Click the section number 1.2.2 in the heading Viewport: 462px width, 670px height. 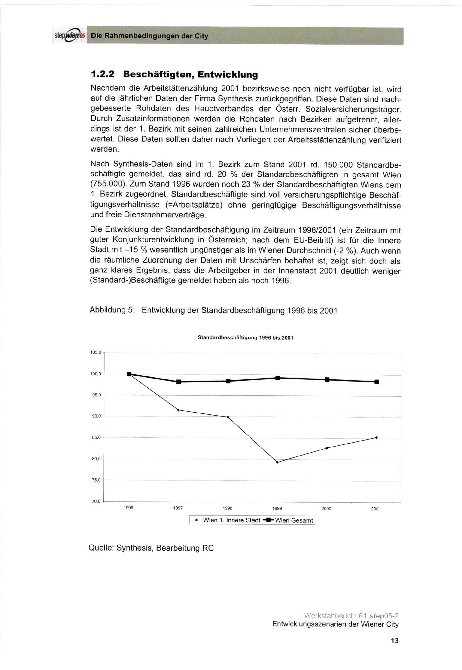click(103, 75)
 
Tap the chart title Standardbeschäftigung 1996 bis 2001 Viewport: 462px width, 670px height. click(246, 338)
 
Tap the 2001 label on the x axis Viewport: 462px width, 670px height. click(376, 509)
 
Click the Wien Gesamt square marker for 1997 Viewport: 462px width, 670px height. click(179, 382)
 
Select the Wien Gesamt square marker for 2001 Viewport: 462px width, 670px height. click(377, 382)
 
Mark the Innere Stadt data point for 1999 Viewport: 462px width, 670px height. click(277, 462)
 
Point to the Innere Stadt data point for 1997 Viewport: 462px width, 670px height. click(179, 410)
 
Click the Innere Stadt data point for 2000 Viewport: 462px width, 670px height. click(327, 448)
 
